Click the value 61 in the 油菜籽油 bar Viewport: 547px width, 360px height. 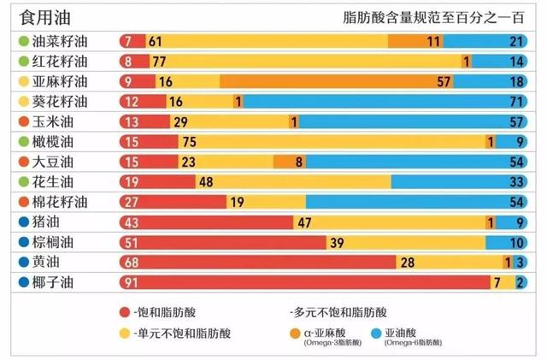[x=155, y=41]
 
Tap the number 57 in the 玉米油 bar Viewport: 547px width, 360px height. [x=516, y=121]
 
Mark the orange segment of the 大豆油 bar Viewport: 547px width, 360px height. [x=289, y=162]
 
